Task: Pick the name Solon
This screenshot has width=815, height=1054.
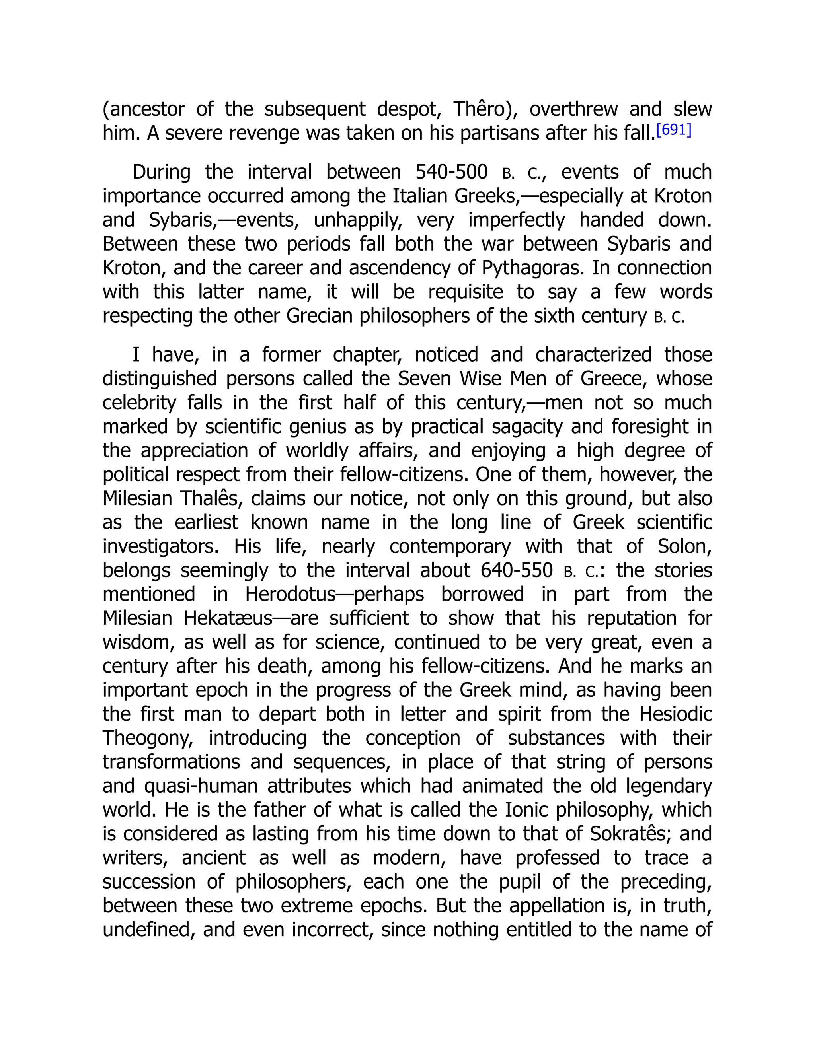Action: [684, 546]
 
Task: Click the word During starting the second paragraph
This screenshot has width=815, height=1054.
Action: [161, 172]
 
